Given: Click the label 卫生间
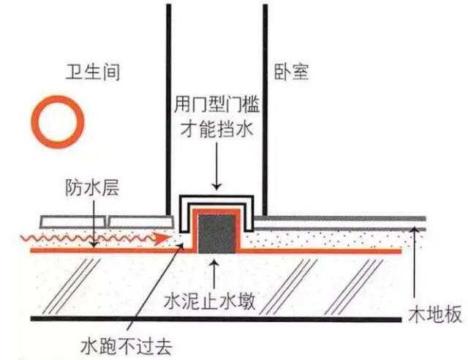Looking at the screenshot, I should tap(91, 72).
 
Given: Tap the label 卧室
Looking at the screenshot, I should tap(290, 72).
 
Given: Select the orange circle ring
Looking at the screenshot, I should tap(55, 121).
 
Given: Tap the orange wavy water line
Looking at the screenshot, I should tap(80, 237).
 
